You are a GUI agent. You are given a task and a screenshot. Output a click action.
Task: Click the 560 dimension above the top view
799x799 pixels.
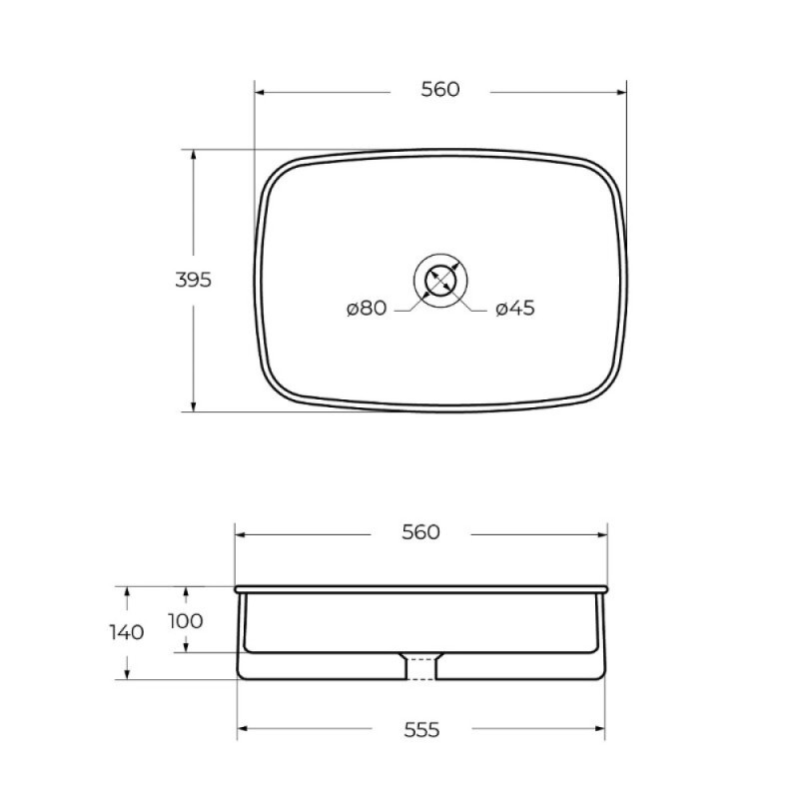[440, 89]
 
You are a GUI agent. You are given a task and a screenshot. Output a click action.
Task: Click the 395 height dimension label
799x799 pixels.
[193, 280]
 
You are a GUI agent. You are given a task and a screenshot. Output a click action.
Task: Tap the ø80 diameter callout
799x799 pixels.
[367, 309]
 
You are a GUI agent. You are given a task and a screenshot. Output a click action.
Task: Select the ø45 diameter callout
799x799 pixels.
[515, 309]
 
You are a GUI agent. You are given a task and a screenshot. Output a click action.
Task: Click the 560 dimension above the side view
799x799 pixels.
[420, 532]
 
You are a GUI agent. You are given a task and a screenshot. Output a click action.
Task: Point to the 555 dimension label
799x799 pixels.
[421, 730]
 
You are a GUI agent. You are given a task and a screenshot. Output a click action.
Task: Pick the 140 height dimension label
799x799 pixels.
[127, 633]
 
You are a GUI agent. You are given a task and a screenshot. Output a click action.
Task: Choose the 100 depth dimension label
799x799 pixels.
[186, 621]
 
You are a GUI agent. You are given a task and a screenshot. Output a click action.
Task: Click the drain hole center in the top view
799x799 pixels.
[440, 281]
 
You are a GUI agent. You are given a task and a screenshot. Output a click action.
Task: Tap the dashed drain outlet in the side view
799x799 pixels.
[420, 668]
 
